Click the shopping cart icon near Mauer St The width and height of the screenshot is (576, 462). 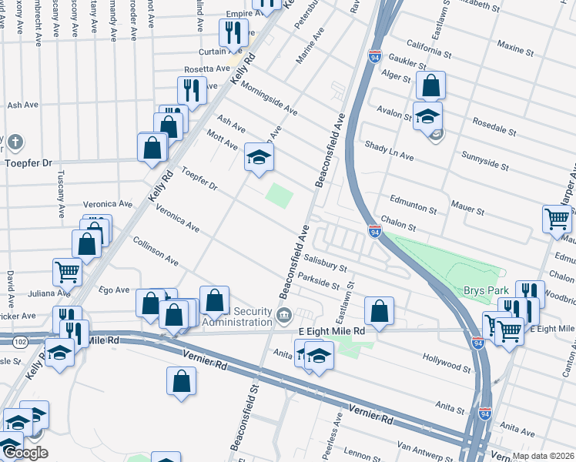(557, 219)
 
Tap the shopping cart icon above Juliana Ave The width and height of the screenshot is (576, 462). (68, 271)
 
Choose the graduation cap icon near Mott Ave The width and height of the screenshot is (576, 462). (259, 157)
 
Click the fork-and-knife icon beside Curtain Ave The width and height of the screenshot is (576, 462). (232, 32)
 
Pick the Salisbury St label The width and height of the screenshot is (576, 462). (324, 264)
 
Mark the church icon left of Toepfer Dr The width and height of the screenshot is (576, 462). (15, 142)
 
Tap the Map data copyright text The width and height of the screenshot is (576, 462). (543, 456)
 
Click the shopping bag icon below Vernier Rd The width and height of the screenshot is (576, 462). (181, 380)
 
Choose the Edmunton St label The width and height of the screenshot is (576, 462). (413, 203)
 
